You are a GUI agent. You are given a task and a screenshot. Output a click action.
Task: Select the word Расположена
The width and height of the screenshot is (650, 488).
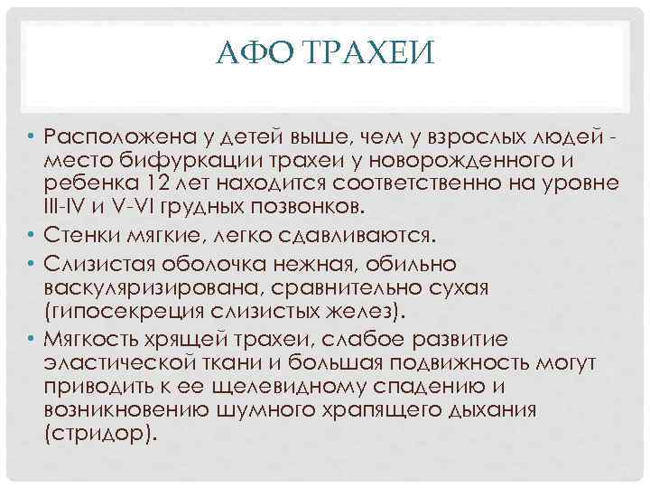click(x=116, y=136)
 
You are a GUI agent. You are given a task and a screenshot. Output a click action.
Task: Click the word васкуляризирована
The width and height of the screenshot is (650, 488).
click(x=153, y=289)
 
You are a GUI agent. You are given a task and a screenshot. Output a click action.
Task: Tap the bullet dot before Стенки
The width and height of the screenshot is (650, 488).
click(x=30, y=236)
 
